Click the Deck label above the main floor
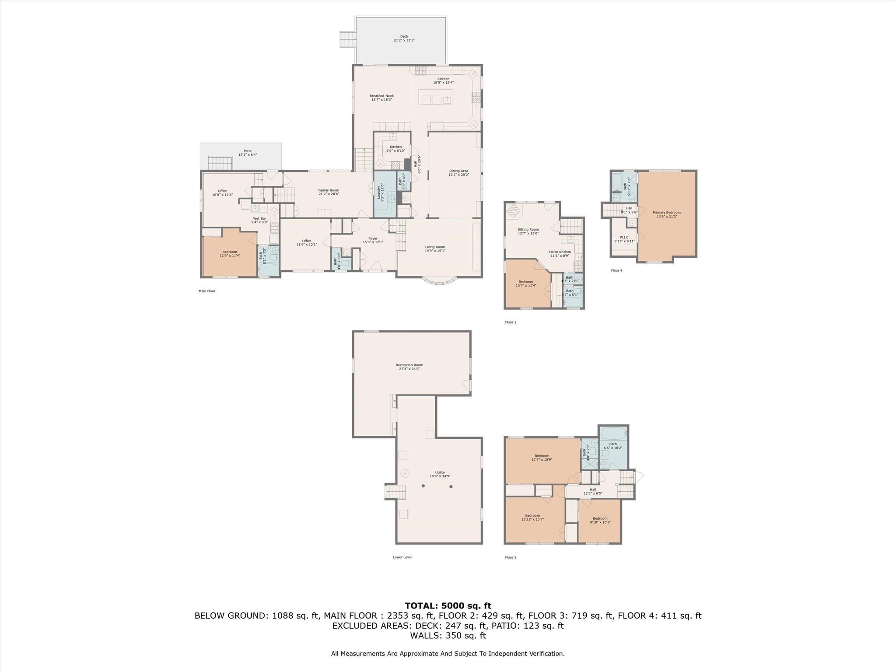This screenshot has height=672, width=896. point(404,37)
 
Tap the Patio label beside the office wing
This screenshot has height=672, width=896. point(248,151)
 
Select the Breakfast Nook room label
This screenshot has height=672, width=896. point(381,96)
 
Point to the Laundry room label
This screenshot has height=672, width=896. point(379,192)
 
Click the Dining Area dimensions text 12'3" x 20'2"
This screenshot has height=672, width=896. point(458,175)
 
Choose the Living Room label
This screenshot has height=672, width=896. point(435,247)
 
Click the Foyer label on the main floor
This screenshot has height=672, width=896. point(373,238)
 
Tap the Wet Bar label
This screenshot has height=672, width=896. point(259,218)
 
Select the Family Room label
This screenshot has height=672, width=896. point(329,190)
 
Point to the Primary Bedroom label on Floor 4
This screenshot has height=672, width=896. point(667,213)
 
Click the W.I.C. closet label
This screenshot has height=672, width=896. point(624,237)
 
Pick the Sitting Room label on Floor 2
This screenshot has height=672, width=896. point(528,229)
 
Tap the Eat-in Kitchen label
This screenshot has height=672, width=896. point(560,252)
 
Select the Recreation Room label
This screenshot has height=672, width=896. point(409,365)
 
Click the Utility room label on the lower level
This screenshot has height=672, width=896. point(440,472)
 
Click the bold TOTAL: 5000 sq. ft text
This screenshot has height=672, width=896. point(448,606)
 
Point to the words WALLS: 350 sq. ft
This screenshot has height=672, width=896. point(448,635)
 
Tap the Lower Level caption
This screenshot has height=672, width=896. point(402,557)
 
